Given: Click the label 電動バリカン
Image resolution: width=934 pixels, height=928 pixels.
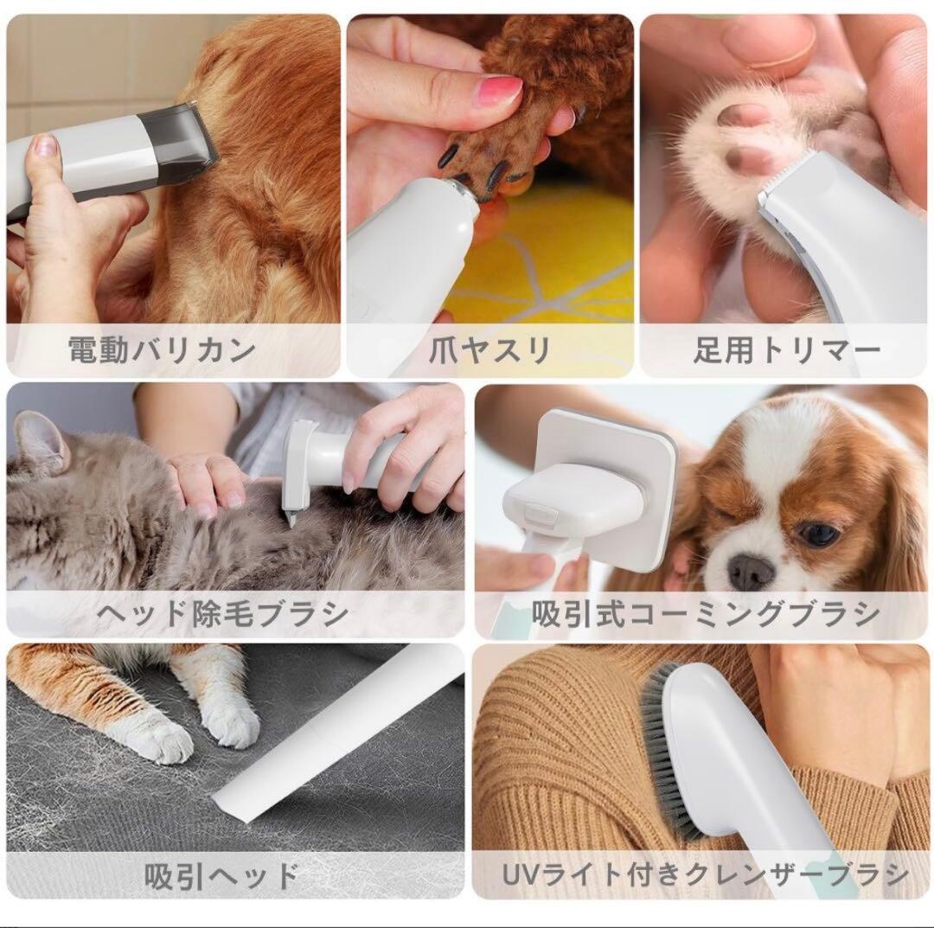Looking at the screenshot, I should [x=162, y=350].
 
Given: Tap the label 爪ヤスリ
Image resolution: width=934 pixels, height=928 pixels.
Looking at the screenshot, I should [x=489, y=350].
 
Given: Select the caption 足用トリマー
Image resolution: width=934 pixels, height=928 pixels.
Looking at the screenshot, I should [x=786, y=350].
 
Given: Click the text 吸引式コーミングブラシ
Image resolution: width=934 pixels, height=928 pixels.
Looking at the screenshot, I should [x=705, y=613].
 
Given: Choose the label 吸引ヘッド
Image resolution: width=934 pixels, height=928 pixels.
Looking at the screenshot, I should [x=221, y=875].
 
